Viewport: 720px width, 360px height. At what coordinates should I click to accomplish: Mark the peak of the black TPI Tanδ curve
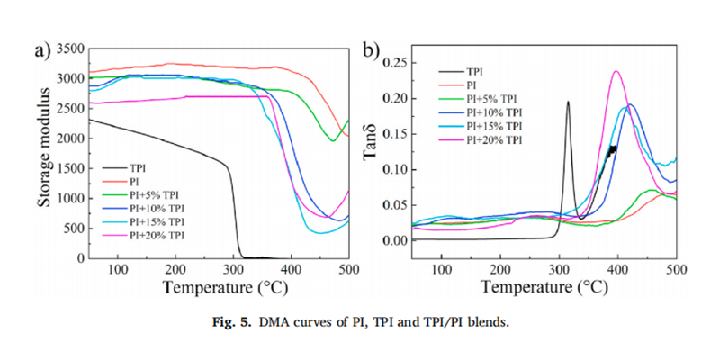pos(568,102)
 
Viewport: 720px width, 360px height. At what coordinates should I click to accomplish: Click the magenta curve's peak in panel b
pos(616,72)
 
